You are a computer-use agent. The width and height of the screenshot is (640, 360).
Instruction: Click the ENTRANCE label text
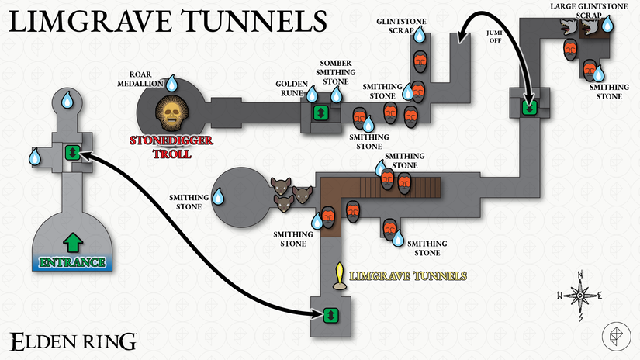click(x=72, y=262)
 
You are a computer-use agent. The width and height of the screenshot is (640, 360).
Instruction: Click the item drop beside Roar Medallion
click(x=172, y=83)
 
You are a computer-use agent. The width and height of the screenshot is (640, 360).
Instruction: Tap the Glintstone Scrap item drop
click(x=419, y=35)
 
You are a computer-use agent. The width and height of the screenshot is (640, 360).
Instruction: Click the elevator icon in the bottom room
click(x=330, y=315)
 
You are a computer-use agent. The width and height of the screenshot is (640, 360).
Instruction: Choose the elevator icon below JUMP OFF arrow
click(x=530, y=107)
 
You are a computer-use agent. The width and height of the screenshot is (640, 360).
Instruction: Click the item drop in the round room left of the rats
click(x=220, y=199)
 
